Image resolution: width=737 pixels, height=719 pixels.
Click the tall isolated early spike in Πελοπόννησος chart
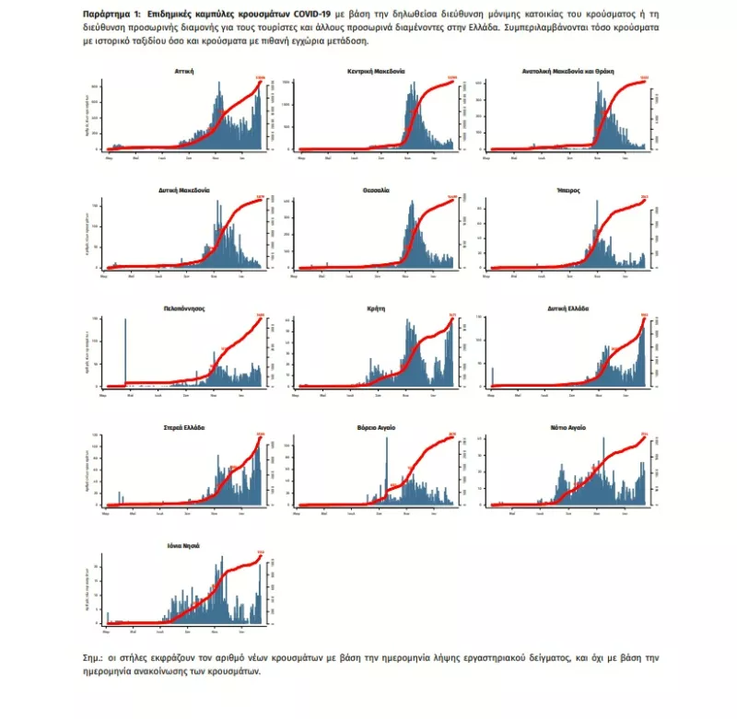click(x=124, y=350)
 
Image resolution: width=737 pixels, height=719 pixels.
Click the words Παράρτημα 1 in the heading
click(x=111, y=17)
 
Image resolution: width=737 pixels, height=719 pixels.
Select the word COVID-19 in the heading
click(x=310, y=17)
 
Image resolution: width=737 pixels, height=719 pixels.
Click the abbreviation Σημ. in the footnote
click(x=93, y=659)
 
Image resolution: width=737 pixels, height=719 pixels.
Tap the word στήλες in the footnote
click(x=135, y=659)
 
